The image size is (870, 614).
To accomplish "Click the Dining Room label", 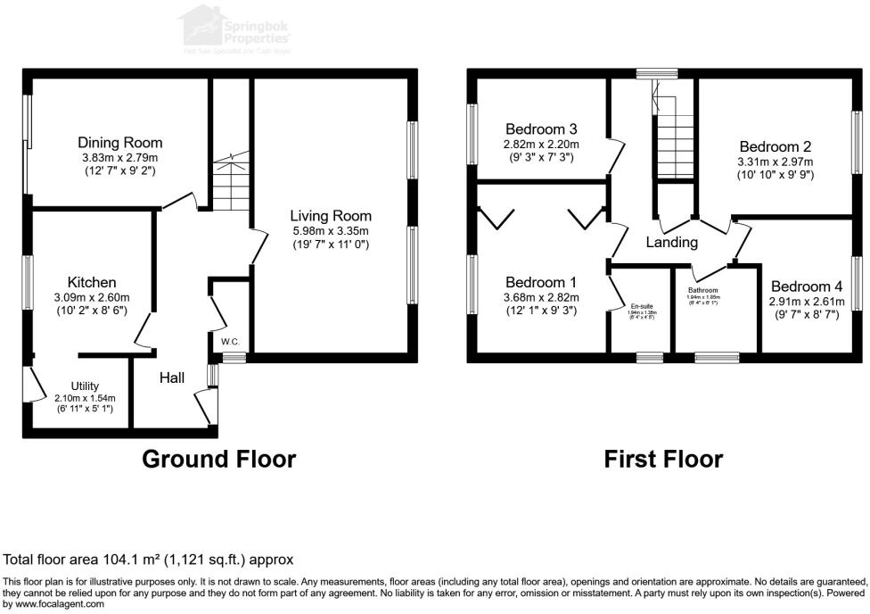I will pos(119,143).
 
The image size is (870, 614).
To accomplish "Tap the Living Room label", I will pos(331,216).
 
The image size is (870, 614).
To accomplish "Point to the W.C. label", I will pos(228,340).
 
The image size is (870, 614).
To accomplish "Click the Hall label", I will pos(172,378).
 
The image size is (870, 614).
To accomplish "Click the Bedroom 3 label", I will pos(542,128).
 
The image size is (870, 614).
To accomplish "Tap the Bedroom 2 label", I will pos(775,146).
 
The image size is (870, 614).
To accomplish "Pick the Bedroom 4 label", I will pos(807,286).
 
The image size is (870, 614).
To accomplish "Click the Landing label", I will pos(672,243).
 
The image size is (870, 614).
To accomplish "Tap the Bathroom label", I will pos(703,290).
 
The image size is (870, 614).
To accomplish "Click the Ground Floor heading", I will pos(219,460).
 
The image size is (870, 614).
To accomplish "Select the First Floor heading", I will pos(663,460).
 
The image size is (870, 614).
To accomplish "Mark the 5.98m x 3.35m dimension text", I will pos(331,231).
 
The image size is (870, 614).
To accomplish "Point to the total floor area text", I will pos(149,560).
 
